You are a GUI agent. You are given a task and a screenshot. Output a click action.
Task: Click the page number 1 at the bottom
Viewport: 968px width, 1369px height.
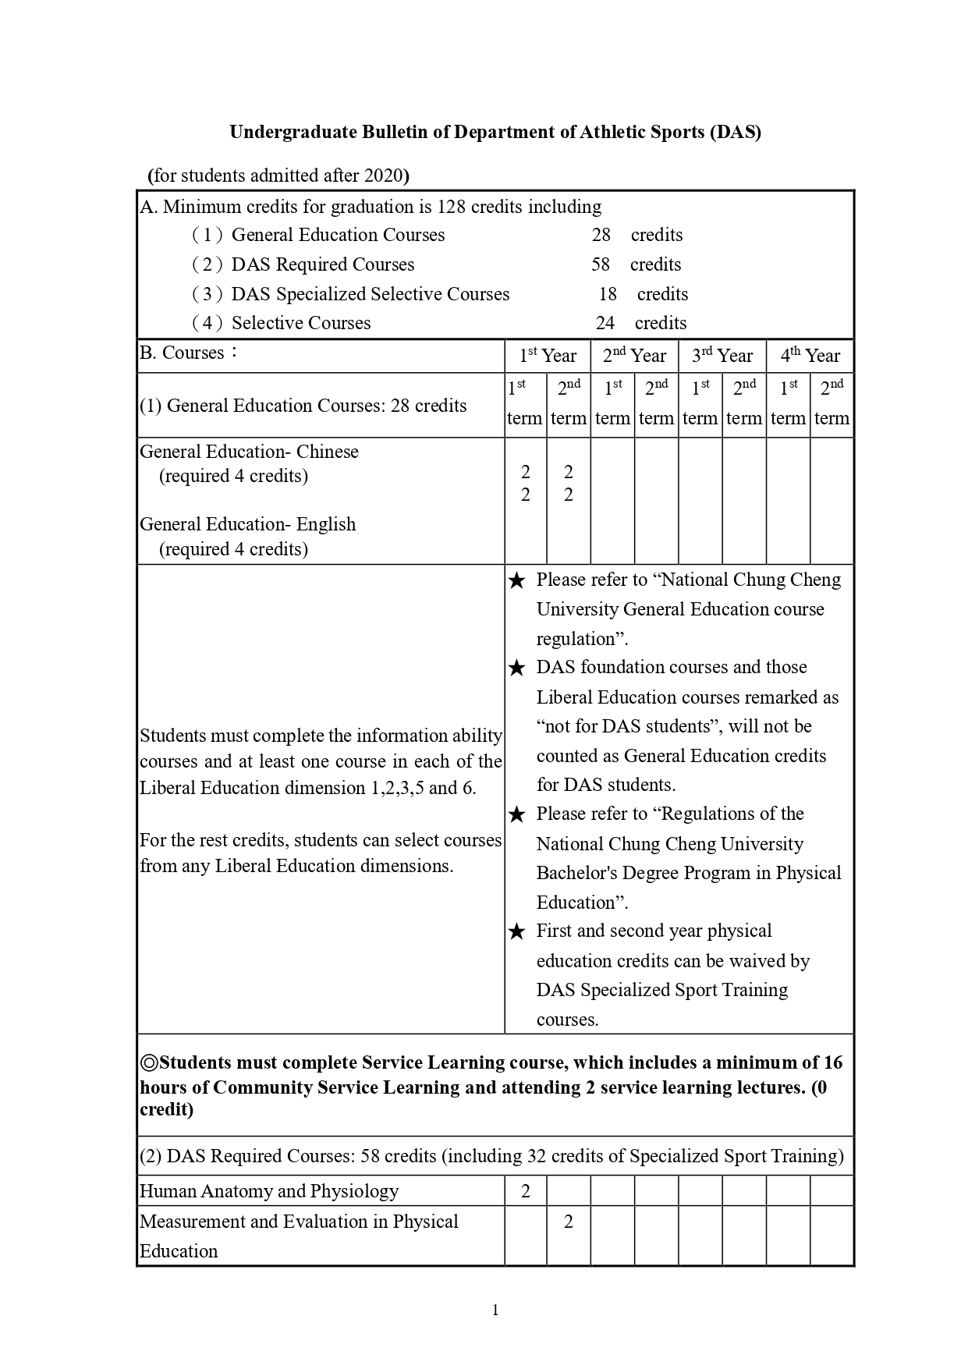coord(495,1310)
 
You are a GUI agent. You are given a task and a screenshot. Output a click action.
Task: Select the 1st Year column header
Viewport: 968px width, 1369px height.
coord(548,356)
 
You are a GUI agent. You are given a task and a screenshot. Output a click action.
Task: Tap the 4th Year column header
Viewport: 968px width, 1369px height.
coord(810,356)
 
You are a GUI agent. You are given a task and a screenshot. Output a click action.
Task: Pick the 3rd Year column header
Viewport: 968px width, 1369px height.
coord(722,356)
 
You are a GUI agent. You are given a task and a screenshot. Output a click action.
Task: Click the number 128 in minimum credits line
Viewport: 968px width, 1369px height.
coord(452,207)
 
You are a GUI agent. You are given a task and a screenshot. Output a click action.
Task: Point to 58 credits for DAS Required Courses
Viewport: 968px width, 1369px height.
coord(601,264)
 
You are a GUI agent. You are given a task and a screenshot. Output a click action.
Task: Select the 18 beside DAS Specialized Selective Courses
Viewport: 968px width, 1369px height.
coord(608,294)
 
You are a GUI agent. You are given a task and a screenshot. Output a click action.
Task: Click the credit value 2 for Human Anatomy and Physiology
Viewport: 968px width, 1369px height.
coord(525,1191)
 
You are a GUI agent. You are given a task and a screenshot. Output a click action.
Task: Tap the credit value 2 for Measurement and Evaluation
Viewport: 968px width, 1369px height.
coord(569,1222)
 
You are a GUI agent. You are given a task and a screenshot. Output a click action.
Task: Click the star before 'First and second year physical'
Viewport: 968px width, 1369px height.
coord(516,932)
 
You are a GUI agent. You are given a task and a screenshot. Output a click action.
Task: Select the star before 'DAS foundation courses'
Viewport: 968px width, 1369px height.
coord(516,669)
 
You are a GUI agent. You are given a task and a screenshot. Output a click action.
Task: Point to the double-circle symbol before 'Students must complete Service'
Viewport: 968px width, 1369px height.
coord(149,1062)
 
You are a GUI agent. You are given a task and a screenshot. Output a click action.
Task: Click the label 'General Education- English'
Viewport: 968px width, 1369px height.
coord(247,524)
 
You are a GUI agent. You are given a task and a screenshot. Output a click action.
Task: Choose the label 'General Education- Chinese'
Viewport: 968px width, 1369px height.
coord(249,452)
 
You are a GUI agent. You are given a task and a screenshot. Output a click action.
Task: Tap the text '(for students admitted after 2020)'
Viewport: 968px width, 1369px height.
coord(278,175)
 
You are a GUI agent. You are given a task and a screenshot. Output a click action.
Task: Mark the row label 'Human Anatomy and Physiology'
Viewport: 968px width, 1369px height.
coord(269,1191)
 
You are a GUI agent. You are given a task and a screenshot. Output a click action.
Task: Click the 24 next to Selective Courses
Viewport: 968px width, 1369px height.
coord(605,323)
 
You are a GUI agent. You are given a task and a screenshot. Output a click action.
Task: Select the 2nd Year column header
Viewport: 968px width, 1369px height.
coord(634,356)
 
